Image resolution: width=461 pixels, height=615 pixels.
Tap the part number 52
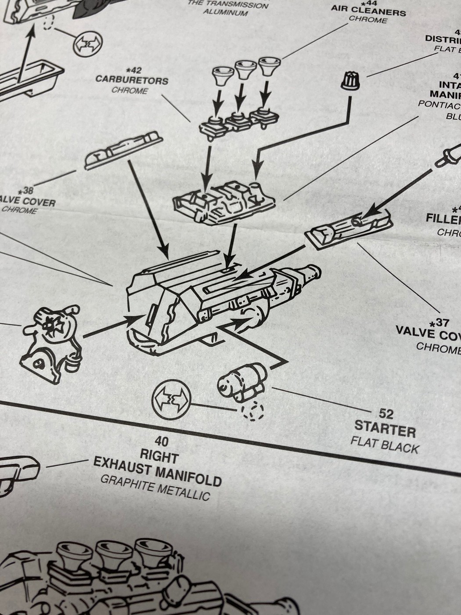click(x=386, y=413)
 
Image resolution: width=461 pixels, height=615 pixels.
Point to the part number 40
click(x=161, y=441)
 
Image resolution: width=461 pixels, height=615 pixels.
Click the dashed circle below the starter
click(x=252, y=411)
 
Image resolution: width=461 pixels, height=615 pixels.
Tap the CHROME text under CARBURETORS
click(x=130, y=91)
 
